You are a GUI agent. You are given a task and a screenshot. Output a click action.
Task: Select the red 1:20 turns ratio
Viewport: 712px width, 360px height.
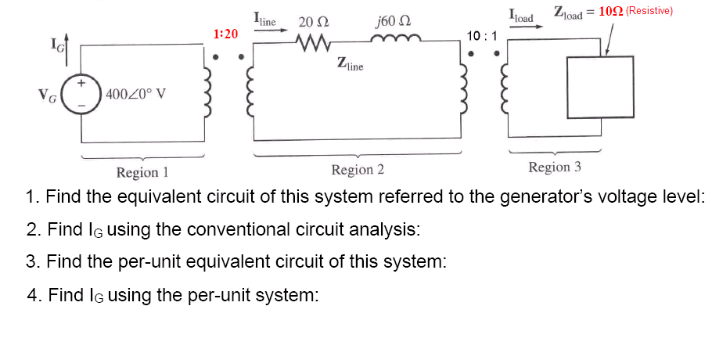coord(225,34)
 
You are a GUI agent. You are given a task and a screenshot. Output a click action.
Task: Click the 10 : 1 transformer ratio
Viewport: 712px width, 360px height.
coord(483,36)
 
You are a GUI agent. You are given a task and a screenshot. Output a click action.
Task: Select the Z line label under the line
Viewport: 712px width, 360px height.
coord(350,64)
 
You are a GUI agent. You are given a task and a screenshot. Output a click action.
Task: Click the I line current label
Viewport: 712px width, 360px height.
coord(265,17)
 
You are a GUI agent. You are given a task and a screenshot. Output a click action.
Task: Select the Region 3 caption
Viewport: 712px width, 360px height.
coord(555,167)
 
